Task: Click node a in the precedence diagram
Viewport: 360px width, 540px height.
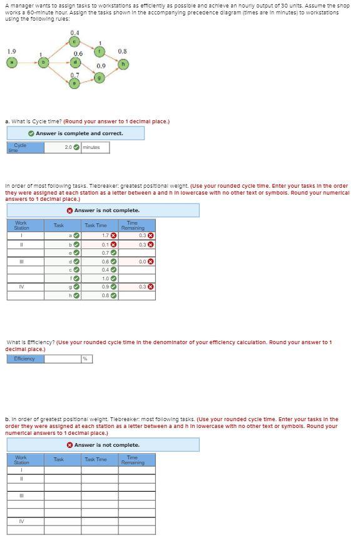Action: (11, 63)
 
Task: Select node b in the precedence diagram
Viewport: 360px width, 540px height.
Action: (43, 63)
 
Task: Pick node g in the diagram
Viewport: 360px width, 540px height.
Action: (100, 78)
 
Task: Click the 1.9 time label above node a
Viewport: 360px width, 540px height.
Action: (11, 51)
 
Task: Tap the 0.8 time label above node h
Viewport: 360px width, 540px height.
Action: (122, 51)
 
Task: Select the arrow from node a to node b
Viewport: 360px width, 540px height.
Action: (27, 63)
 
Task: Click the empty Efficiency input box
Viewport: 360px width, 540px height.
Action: (63, 359)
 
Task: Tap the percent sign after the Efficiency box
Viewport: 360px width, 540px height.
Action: (85, 359)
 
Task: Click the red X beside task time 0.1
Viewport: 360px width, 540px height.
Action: (114, 244)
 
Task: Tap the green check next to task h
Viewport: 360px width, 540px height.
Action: (76, 296)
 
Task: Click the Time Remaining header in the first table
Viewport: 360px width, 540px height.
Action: (131, 225)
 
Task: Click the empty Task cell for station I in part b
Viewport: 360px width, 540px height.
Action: (62, 471)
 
